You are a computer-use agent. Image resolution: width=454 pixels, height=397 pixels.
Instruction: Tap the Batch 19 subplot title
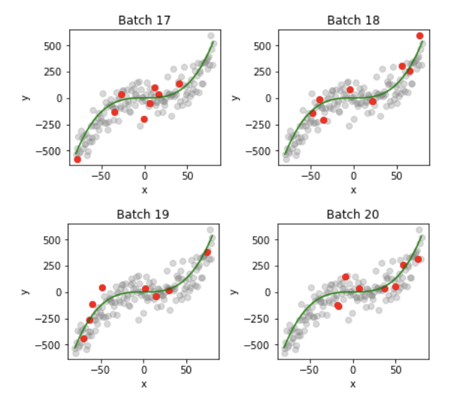click(x=144, y=214)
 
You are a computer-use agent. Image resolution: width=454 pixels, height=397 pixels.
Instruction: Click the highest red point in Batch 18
click(x=419, y=36)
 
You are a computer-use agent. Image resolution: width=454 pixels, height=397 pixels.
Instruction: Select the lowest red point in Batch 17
click(x=77, y=159)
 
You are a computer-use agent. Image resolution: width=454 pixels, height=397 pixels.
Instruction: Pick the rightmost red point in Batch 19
click(x=207, y=253)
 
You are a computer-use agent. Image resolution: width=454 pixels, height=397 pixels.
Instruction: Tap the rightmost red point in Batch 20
click(x=418, y=259)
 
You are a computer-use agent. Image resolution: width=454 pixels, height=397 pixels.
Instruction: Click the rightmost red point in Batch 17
click(x=180, y=83)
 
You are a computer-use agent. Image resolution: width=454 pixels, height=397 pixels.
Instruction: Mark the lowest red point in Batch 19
click(x=83, y=339)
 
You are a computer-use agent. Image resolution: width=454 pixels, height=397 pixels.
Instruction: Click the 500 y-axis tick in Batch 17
click(x=53, y=46)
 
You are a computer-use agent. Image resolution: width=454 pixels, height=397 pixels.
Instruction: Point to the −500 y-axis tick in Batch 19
click(x=50, y=345)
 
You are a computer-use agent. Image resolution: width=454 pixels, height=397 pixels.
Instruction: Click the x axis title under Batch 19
click(x=144, y=384)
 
